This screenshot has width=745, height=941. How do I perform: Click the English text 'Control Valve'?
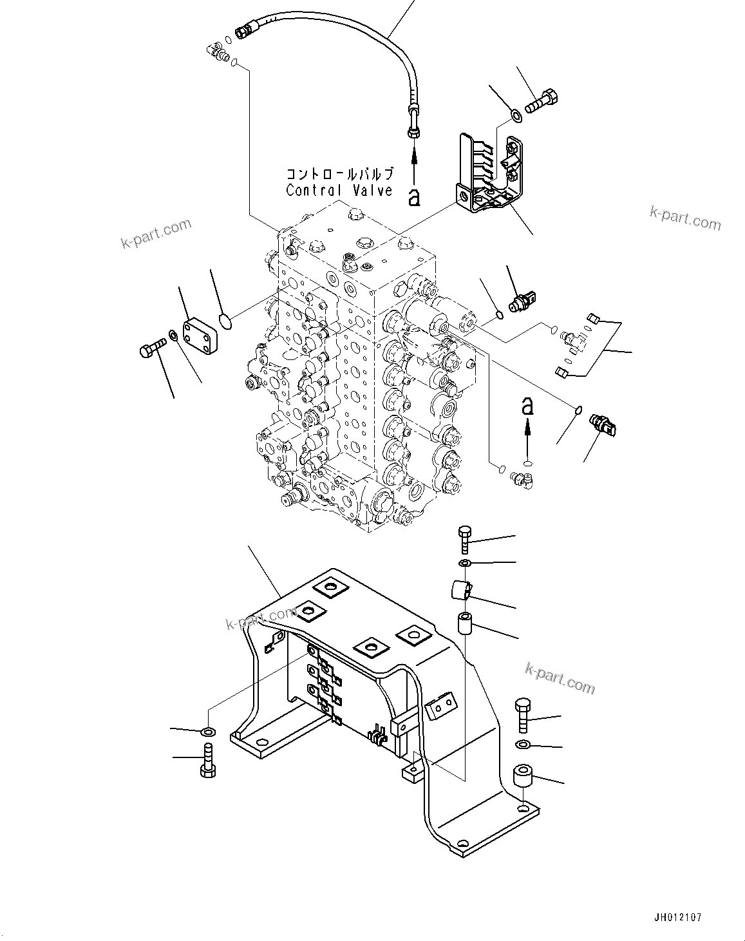coord(339,190)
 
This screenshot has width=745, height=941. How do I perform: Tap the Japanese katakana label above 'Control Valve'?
coord(339,174)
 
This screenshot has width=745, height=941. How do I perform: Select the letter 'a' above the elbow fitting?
coord(527,406)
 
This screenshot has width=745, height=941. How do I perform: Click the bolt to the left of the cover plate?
coord(151,348)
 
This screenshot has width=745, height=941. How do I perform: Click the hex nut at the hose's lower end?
coord(413,132)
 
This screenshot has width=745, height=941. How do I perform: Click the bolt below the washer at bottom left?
coord(209,760)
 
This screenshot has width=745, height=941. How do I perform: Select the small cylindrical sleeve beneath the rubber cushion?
coord(466,624)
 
